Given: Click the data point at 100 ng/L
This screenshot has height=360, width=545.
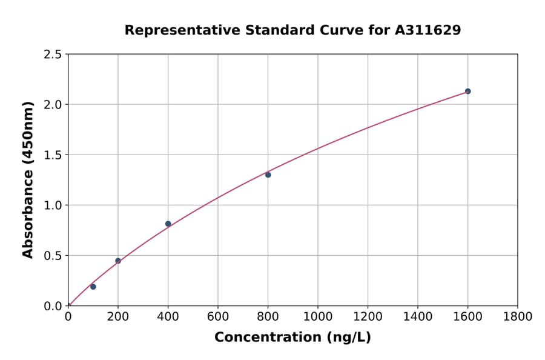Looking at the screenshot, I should (93, 287).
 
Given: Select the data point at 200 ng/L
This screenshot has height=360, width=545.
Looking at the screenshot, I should (118, 261).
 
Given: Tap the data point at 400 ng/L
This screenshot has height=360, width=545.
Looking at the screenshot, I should (168, 224).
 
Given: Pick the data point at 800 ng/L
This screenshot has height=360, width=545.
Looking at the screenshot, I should (268, 175).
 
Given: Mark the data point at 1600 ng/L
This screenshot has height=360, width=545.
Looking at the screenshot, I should (467, 91).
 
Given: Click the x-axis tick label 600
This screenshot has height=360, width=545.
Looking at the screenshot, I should (218, 316).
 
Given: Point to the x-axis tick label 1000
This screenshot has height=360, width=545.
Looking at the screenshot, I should (318, 316).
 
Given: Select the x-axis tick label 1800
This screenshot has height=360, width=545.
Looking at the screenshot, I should (518, 316).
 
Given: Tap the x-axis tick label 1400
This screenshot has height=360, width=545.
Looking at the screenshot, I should (418, 316).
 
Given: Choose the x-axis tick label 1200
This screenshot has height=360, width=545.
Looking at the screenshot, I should (368, 316).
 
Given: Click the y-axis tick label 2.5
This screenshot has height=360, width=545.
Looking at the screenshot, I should (53, 55).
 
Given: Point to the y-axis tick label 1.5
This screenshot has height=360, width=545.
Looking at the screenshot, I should (53, 155).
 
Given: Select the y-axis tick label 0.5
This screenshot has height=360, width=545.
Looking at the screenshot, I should (53, 256).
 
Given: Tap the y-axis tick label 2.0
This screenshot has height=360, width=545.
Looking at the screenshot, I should (53, 105).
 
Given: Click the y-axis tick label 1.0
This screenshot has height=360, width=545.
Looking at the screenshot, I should (53, 205).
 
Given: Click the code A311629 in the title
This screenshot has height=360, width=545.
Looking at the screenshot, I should (429, 30).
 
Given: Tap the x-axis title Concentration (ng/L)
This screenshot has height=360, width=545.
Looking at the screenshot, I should (292, 337).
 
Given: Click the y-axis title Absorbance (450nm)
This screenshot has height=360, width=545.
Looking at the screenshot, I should (28, 180).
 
